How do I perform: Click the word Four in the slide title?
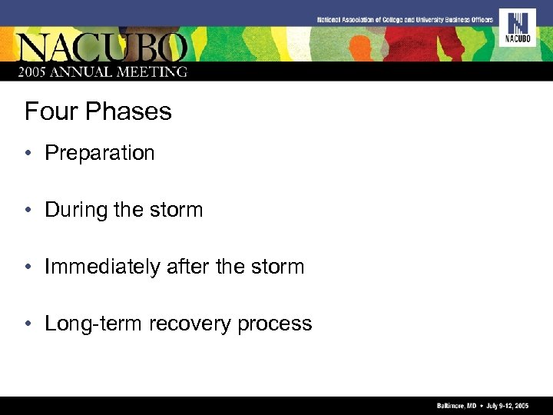51,112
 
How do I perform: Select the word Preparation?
100,153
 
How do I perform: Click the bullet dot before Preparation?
28,153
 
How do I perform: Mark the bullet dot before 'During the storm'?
28,210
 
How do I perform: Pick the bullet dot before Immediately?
28,267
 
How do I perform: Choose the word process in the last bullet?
275,324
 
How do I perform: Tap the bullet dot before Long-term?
28,324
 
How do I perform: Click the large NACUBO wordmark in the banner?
104,48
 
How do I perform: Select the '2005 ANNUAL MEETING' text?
104,71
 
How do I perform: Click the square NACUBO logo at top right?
517,27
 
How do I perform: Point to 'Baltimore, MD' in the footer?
455,405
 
